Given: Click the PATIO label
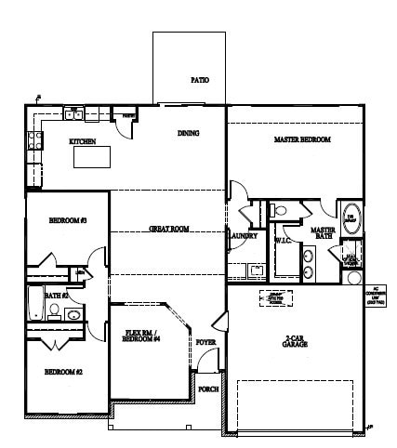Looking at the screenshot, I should coord(199,80).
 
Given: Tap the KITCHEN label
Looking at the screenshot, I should coord(83,142).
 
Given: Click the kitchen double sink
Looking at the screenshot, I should coord(78,114).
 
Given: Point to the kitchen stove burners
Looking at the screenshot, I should coord(34,140).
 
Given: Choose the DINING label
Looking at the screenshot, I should coord(189,133).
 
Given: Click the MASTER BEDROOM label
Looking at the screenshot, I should coord(302,140).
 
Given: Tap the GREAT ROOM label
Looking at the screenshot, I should coord(169,229).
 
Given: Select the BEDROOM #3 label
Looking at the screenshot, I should coord(67,220).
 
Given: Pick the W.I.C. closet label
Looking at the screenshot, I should coord(283,241).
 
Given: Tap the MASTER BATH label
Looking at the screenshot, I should coord(323,233).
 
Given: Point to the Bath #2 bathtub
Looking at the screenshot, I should coord(34,304).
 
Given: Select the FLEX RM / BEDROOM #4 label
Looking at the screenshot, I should coord(143,336).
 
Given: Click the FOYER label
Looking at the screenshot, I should coord(206,343).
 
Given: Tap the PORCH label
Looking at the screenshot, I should coord(209,389).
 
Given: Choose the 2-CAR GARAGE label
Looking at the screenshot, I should coord(295,341).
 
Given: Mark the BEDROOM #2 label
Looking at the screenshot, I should coord(63,372).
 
